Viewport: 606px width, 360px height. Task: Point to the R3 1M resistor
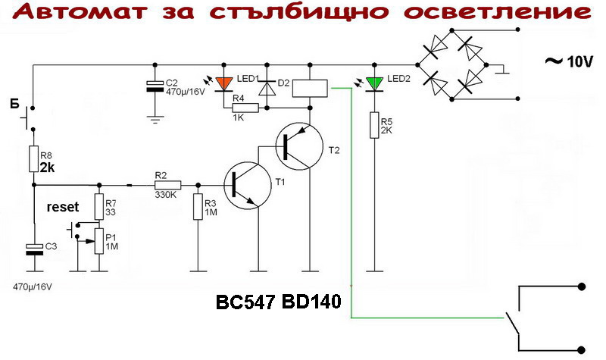[197, 205]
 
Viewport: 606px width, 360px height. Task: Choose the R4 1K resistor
[246, 108]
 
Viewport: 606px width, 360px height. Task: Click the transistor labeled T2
[295, 144]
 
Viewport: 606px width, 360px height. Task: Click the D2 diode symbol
[265, 87]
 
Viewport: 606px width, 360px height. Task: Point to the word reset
[63, 206]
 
